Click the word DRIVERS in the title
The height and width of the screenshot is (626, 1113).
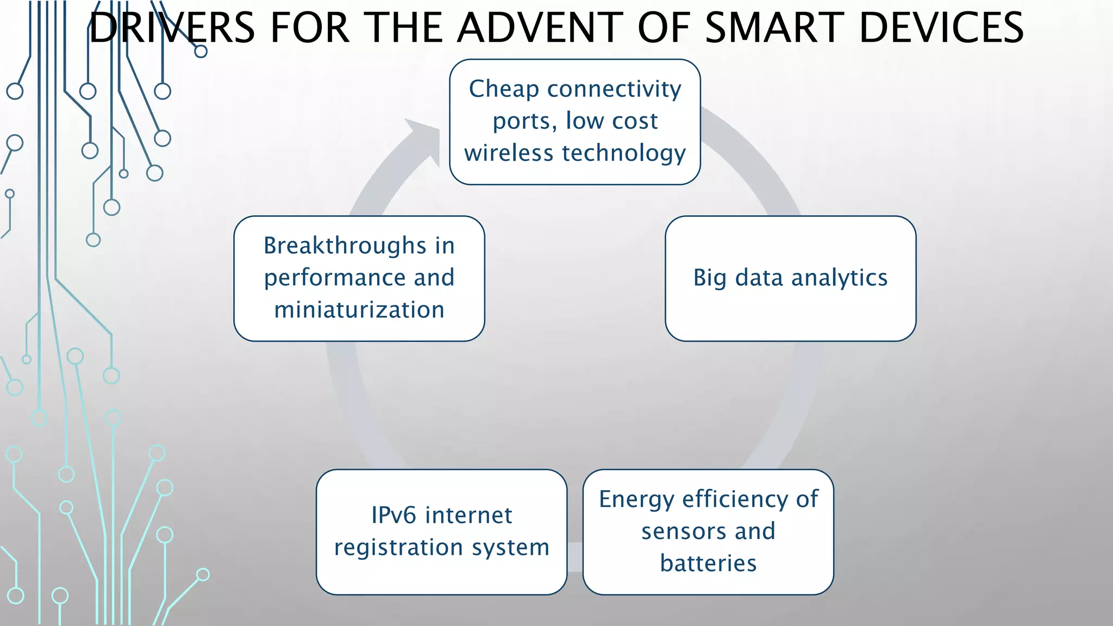pos(172,28)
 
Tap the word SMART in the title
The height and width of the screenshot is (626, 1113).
pos(774,28)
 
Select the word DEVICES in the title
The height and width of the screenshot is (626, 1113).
pos(941,28)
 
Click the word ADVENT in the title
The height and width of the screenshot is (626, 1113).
pos(540,28)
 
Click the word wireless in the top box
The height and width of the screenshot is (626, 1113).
pos(509,153)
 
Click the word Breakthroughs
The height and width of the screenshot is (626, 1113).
pos(345,246)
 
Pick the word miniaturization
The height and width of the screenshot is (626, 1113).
pos(359,310)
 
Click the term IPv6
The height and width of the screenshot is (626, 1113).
pos(393,515)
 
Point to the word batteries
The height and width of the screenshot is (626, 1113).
pos(708,564)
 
